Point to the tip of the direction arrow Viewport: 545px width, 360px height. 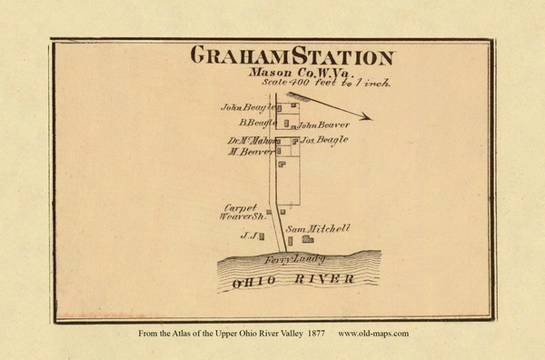click(370, 117)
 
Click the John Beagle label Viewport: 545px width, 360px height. click(246, 106)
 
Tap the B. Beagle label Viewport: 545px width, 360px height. click(257, 123)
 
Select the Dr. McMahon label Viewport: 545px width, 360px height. click(251, 140)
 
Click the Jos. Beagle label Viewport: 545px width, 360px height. click(325, 140)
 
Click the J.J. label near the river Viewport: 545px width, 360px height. click(245, 235)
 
